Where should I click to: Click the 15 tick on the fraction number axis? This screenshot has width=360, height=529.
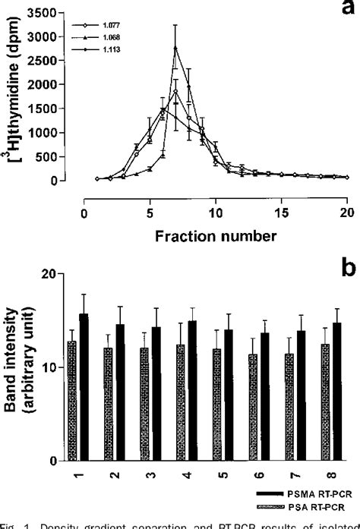[283, 213]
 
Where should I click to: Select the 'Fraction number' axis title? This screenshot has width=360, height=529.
[216, 235]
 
